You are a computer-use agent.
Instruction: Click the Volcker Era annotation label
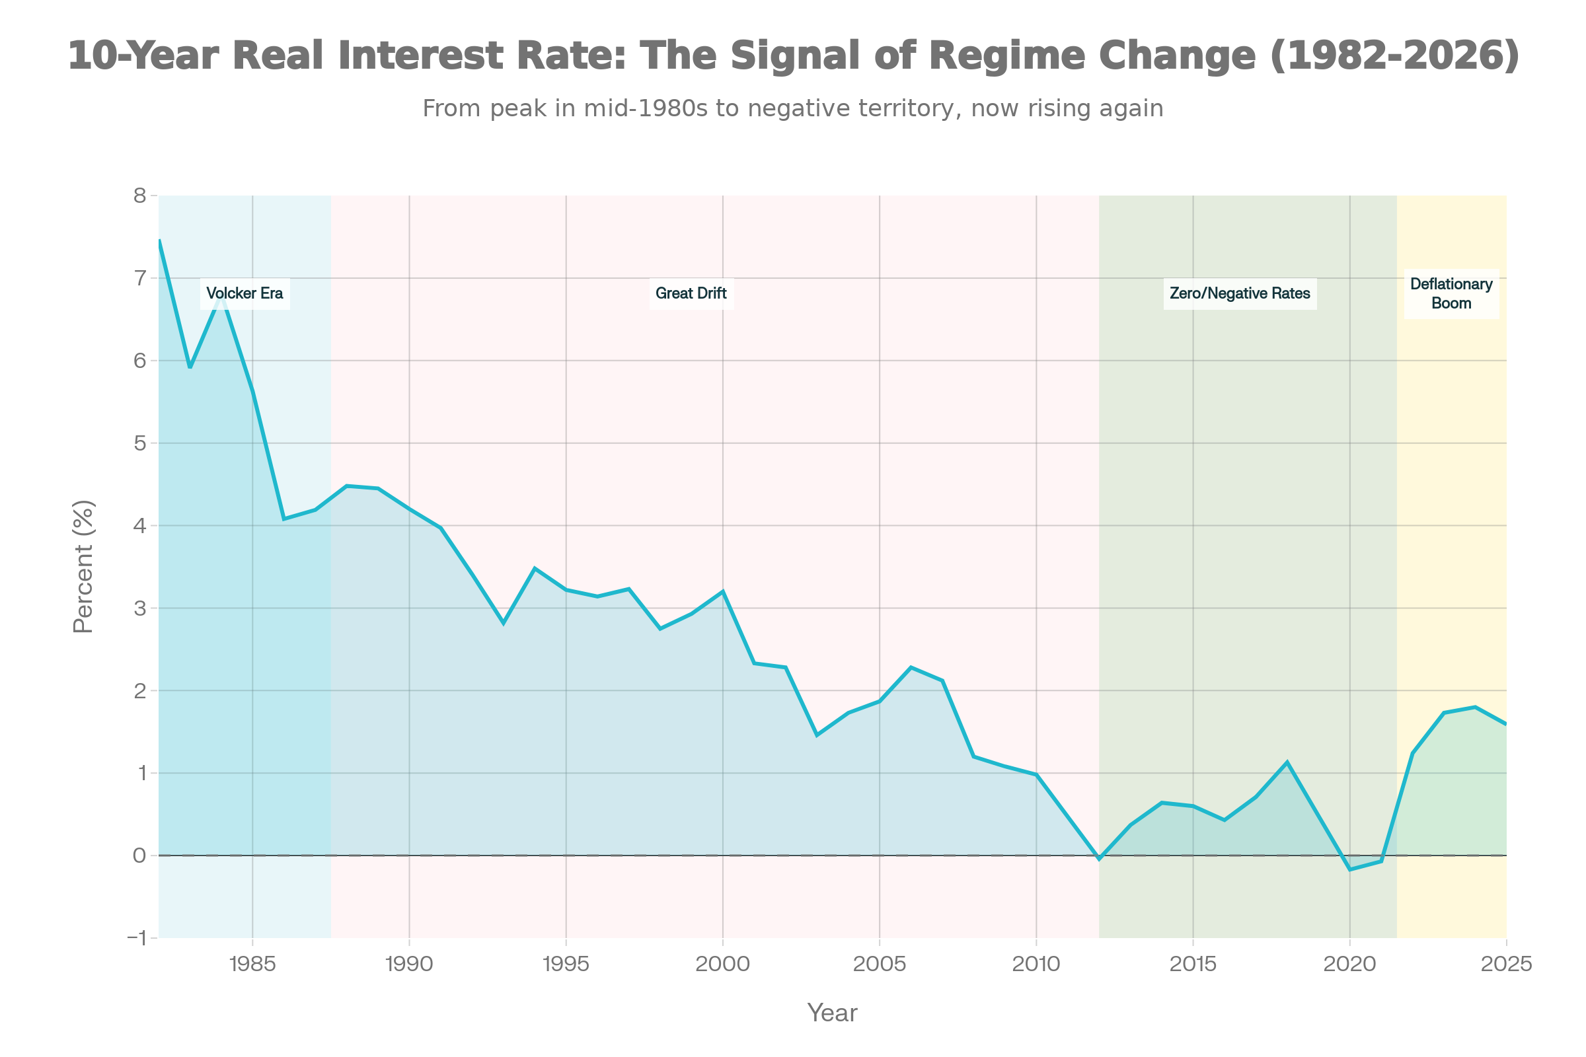245,293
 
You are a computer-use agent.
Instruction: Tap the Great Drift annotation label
691,293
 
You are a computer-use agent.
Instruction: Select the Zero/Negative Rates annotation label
1240,293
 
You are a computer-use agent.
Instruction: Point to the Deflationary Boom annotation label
1451,293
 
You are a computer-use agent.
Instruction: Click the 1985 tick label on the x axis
252,965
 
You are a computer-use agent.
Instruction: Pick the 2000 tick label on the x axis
722,965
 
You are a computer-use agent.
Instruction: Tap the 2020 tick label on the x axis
1349,965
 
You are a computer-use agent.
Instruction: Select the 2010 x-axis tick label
1036,965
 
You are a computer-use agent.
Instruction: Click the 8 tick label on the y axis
139,196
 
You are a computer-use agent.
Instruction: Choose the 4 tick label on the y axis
139,526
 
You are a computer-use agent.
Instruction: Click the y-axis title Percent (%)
84,566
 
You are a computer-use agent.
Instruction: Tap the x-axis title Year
832,1013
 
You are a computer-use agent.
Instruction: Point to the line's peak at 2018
1287,762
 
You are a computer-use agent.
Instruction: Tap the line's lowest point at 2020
1350,869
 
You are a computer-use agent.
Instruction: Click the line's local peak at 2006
911,667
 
